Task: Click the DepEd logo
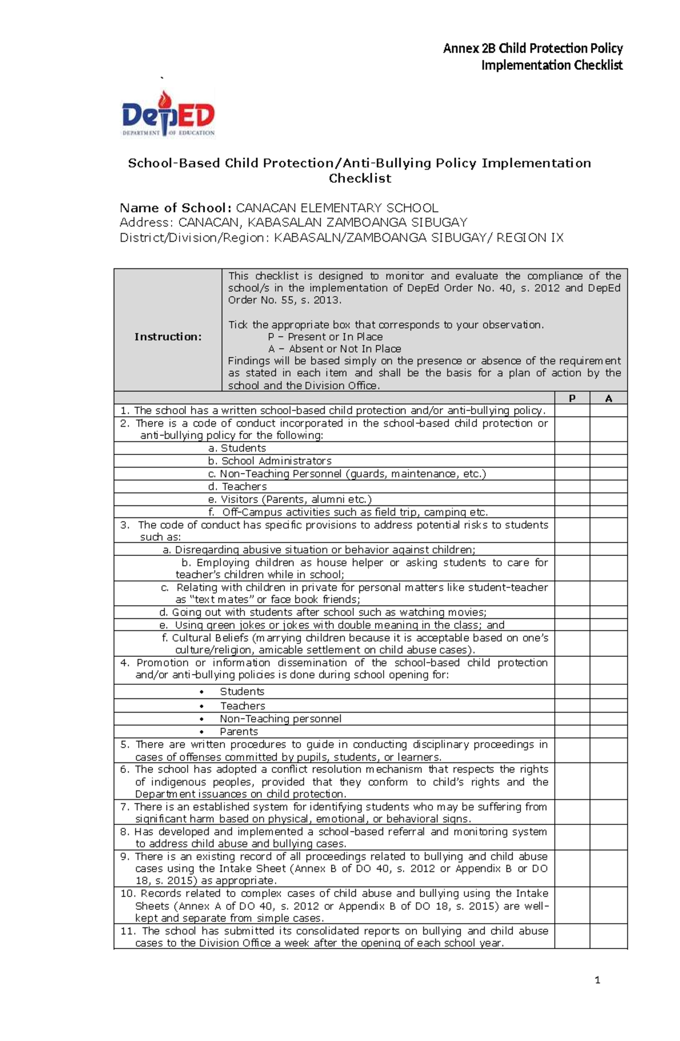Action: tap(169, 115)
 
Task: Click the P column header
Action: tap(572, 398)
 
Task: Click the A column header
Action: tap(609, 398)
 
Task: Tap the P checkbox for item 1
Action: tap(572, 411)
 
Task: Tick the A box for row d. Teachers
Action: tap(609, 487)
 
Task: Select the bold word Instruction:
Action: tap(168, 336)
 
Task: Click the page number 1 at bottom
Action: tap(597, 980)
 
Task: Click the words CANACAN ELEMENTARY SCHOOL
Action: tap(337, 208)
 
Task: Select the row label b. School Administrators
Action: tap(270, 461)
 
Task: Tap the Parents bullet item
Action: tap(239, 732)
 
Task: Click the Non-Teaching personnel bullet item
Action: tap(280, 719)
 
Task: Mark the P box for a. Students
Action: tap(572, 448)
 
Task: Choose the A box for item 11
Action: tap(609, 937)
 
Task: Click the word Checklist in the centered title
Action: tap(360, 179)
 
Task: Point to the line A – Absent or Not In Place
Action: tap(334, 349)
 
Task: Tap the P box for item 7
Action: tap(572, 812)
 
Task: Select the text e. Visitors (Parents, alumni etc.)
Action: tap(290, 500)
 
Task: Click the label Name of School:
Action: tap(176, 208)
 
